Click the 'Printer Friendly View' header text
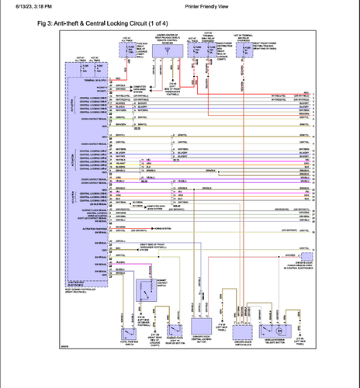coord(191,5)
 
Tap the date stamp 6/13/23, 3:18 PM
coord(26,5)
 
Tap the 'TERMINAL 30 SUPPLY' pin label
coord(89,79)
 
